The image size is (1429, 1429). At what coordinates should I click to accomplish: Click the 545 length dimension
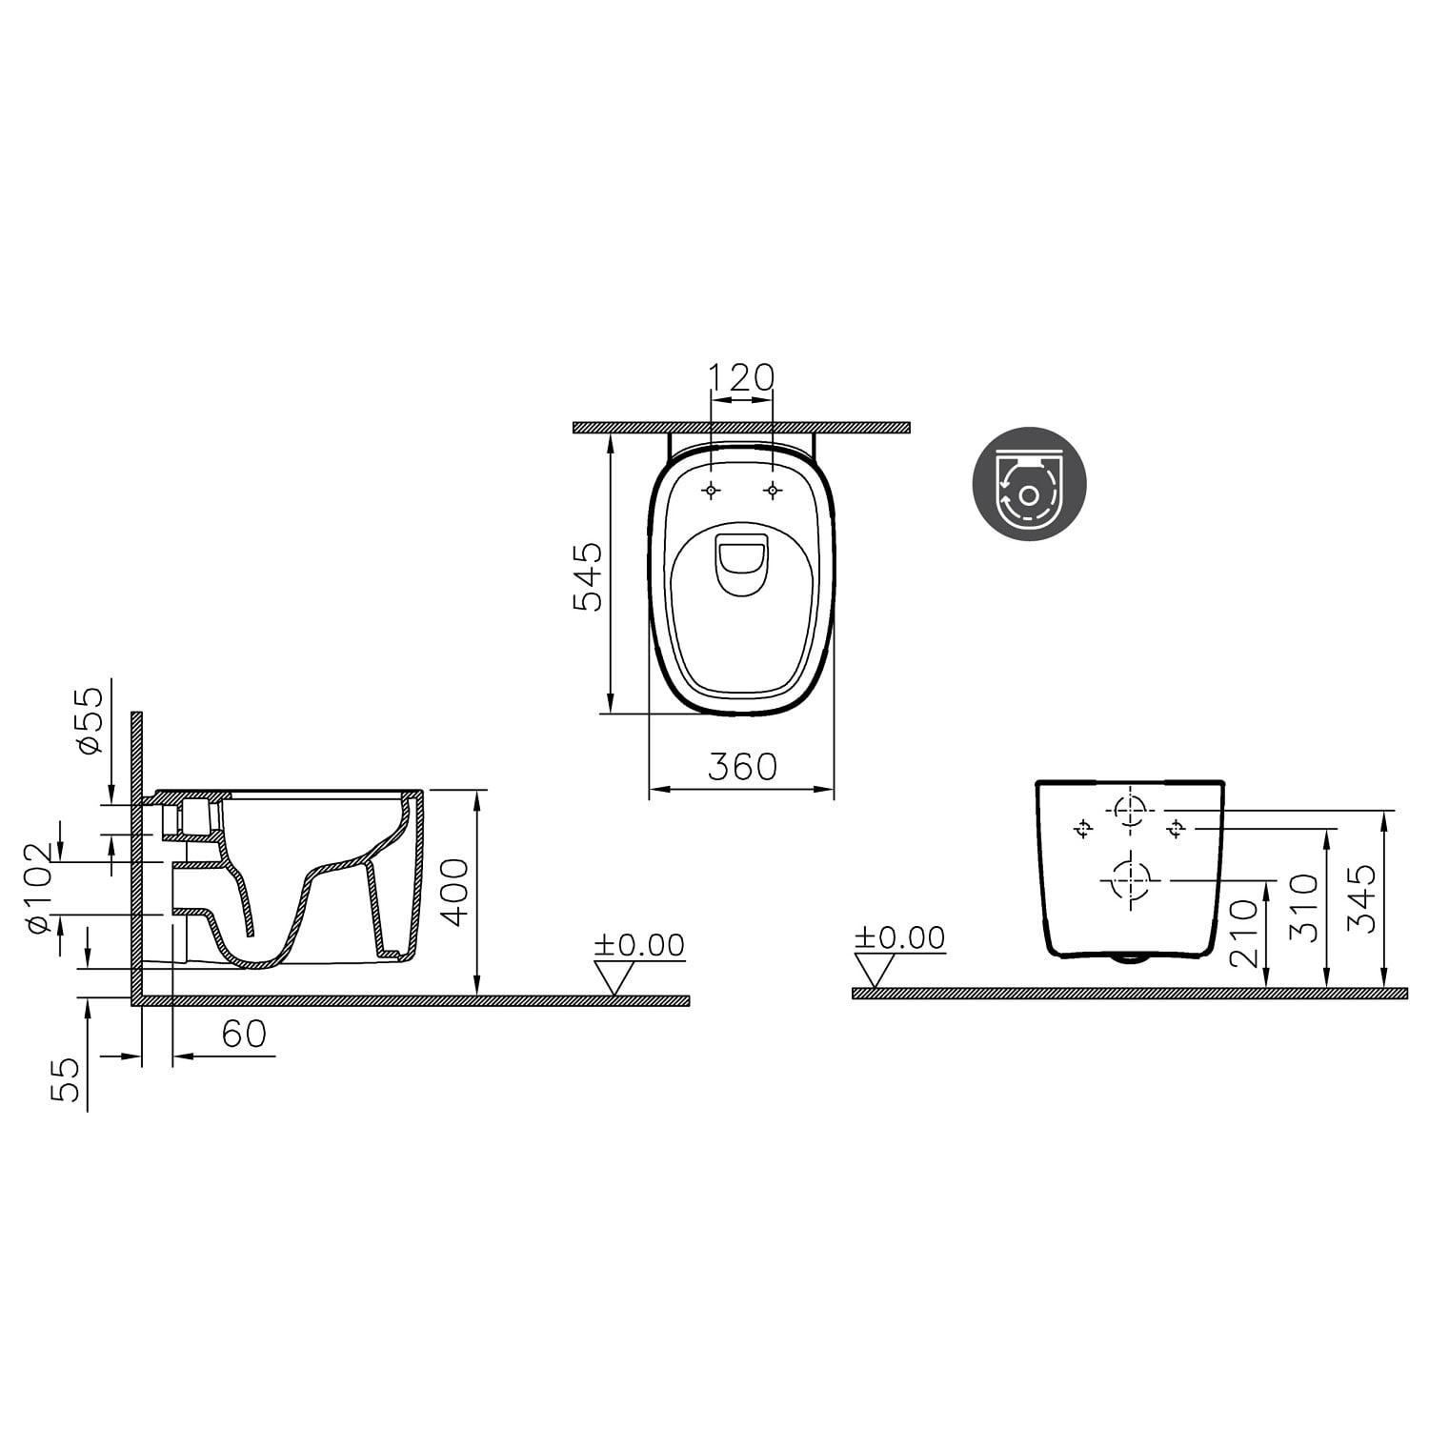587,576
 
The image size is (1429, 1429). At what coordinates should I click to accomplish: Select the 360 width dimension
742,766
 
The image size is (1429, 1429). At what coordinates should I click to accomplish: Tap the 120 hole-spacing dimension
742,377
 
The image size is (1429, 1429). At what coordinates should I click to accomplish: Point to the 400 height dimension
455,892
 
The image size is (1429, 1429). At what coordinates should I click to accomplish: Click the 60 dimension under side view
244,1034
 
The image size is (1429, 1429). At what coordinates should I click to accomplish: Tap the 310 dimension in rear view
1303,908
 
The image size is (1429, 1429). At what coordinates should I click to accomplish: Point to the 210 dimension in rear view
1244,934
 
